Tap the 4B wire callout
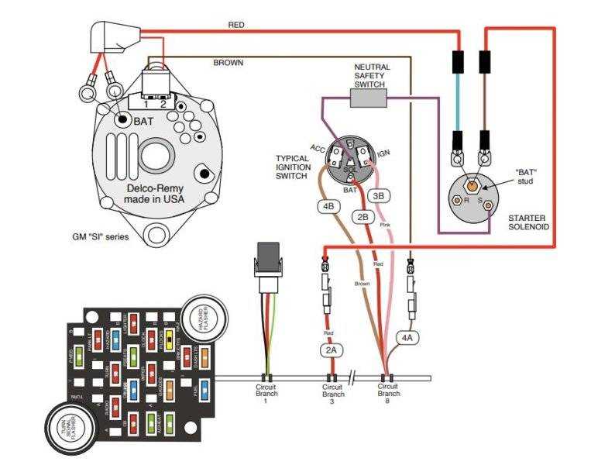[x=328, y=207]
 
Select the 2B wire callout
[x=363, y=218]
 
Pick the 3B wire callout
[x=379, y=196]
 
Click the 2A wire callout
[x=331, y=350]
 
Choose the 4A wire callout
[x=407, y=337]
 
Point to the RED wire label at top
[x=236, y=25]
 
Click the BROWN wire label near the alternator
[x=228, y=63]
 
